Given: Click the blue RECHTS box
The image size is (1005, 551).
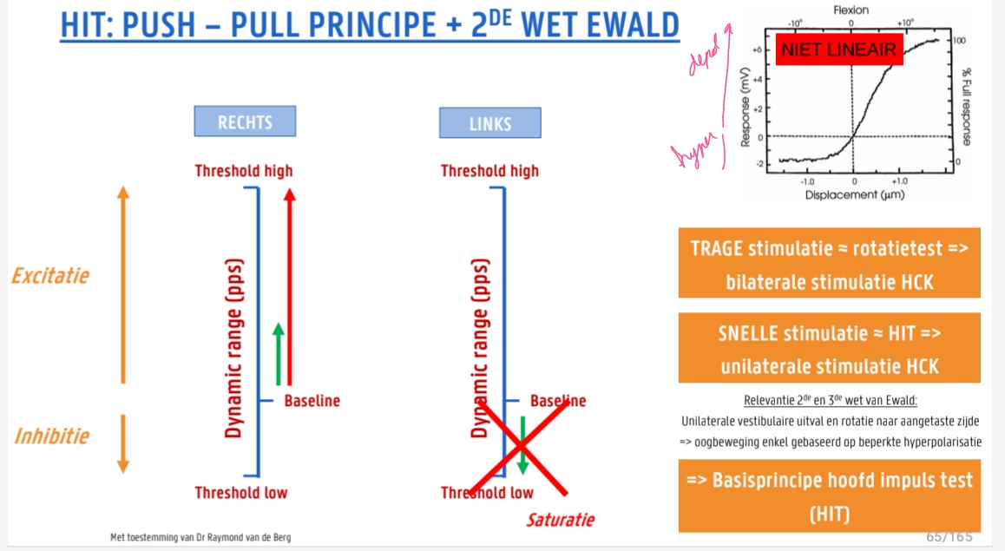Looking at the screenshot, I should pos(245,121).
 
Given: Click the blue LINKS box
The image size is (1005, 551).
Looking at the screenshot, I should pos(489,123).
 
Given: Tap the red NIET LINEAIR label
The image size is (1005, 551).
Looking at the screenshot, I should pos(838,51).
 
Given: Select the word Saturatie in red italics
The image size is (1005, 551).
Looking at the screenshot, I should pos(561,520).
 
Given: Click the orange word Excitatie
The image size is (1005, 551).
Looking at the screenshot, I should pos(50,277).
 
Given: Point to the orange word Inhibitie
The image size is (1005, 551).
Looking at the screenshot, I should pos(51,436).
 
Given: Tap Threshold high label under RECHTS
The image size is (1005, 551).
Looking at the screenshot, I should pos(244,171).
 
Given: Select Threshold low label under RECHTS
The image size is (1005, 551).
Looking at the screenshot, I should pos(240,493).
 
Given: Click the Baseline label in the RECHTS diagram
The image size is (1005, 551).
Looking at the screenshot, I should pos(312,401).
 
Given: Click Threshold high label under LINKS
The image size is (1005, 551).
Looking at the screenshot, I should pos(489,171).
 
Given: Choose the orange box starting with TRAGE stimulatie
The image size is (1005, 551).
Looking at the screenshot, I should pos(829,263).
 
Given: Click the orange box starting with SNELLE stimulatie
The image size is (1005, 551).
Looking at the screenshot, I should pos(829,348).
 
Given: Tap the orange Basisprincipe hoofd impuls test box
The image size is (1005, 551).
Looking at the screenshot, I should pos(829,495).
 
